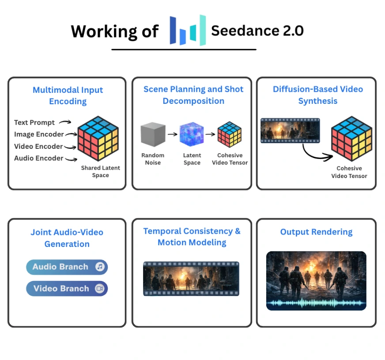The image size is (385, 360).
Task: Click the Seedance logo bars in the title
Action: (188, 30)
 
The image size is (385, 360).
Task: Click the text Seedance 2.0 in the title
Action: (257, 30)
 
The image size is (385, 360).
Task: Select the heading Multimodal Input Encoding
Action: (68, 95)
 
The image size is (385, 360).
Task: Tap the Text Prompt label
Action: (34, 122)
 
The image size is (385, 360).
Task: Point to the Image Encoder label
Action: (39, 134)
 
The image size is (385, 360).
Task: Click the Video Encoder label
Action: (38, 146)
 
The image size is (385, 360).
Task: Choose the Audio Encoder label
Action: (38, 158)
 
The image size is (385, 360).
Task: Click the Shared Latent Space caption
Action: (100, 171)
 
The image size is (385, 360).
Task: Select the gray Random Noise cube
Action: (153, 135)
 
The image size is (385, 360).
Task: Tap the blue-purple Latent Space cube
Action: (192, 135)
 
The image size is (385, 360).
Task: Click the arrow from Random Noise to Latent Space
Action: (172, 136)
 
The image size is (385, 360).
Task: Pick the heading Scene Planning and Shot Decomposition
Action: (193, 95)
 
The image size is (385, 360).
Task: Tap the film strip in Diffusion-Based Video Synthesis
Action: (290, 130)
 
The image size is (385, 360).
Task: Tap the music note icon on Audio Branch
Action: (100, 267)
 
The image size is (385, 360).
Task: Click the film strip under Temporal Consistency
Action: (191, 278)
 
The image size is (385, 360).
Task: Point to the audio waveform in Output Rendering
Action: (316, 303)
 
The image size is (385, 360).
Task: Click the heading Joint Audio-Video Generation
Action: (67, 238)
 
